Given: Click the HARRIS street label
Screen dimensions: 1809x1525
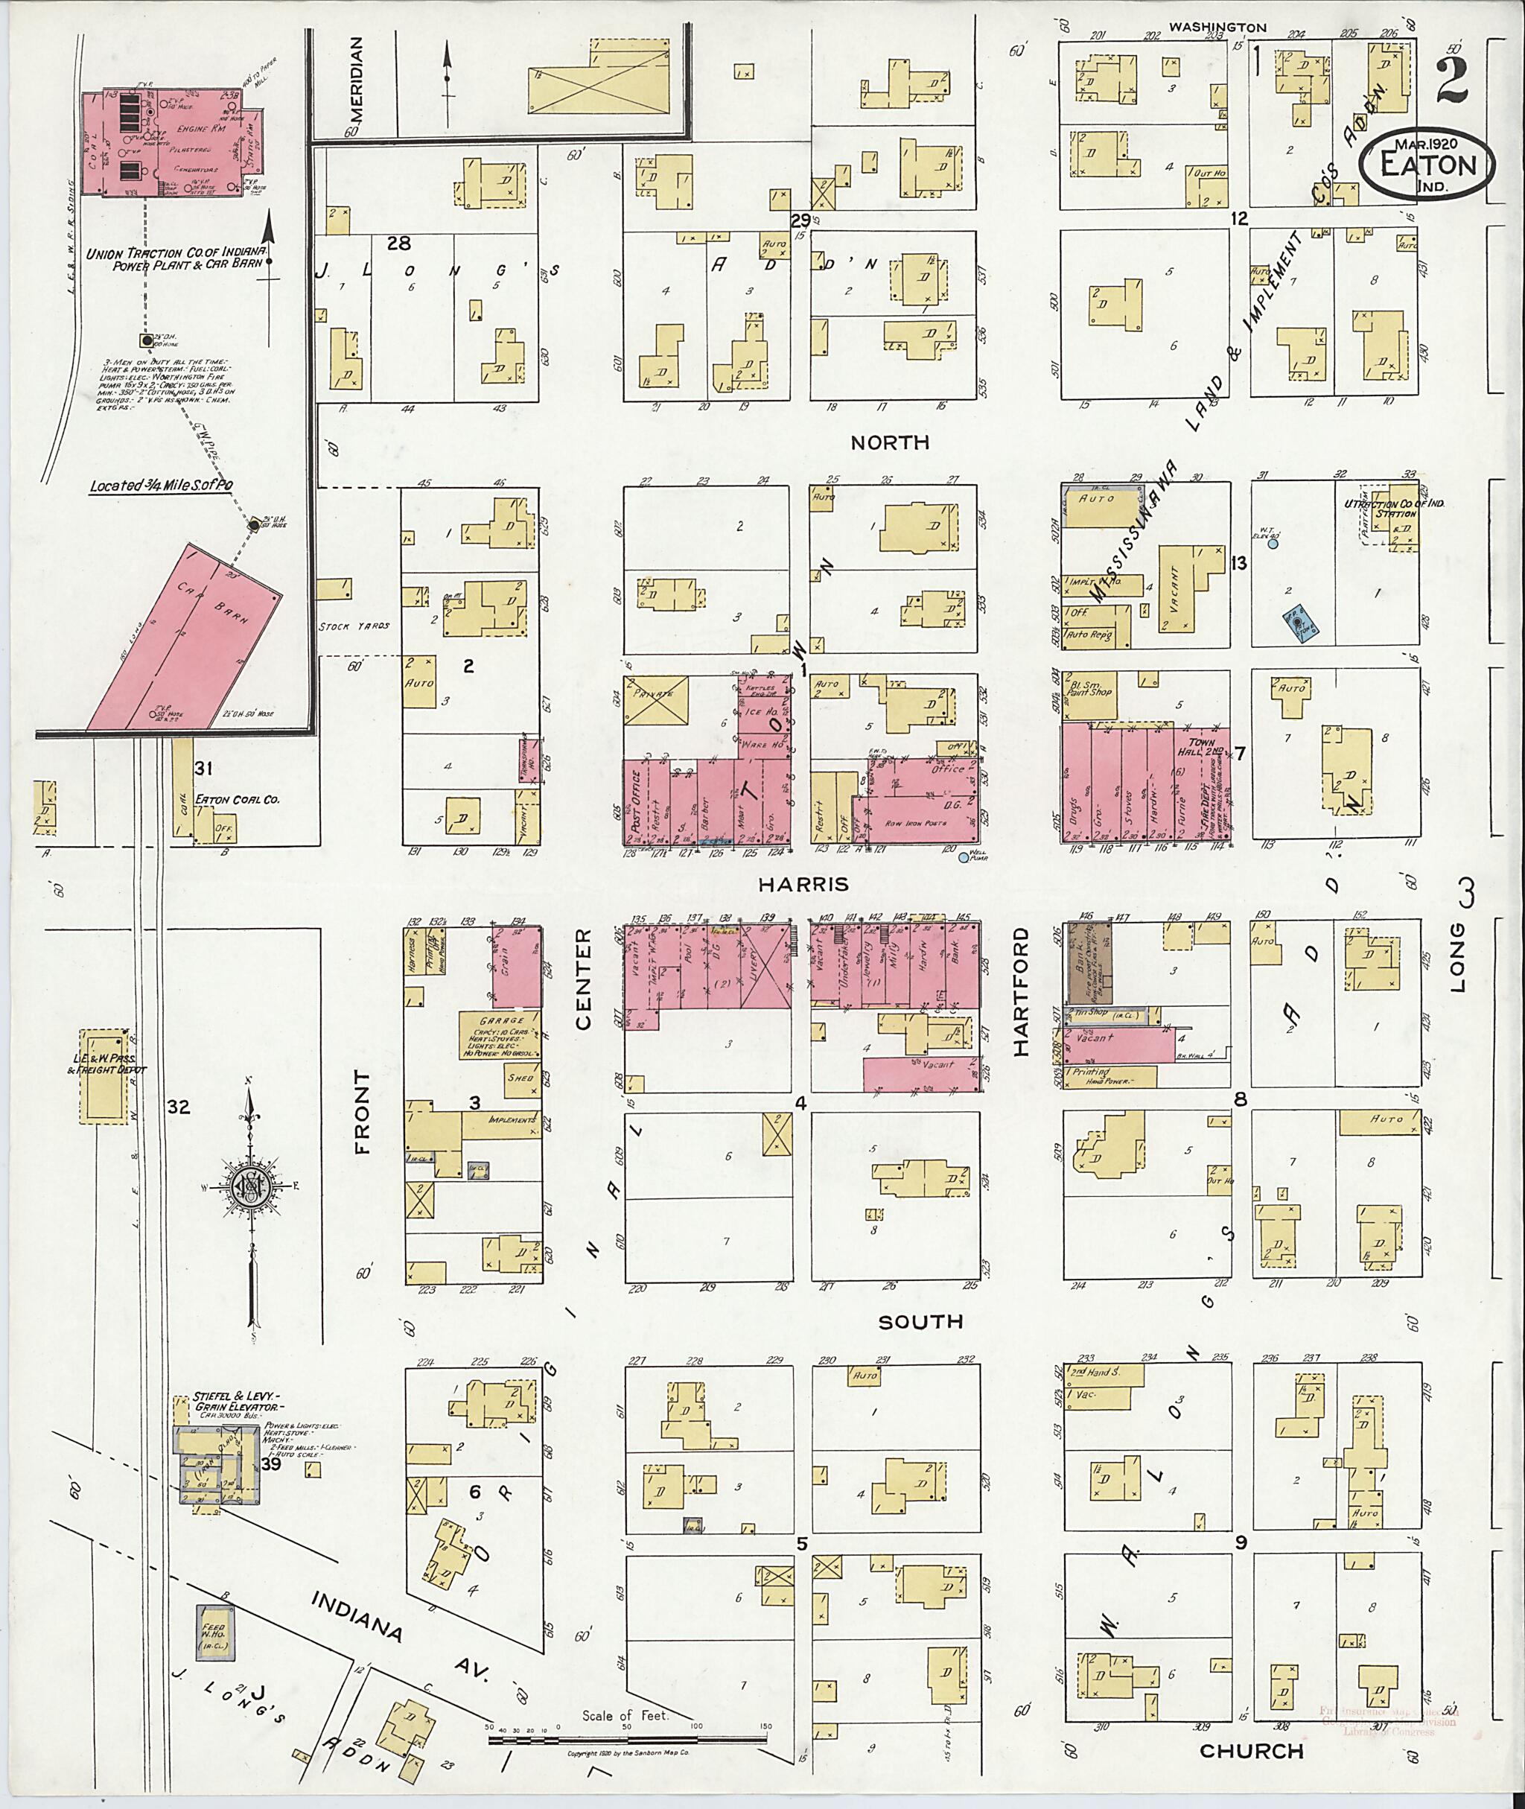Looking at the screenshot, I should tap(803, 884).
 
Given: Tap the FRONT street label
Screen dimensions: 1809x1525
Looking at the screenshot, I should tap(361, 1111).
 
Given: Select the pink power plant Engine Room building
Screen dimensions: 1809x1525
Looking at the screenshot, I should tap(173, 143).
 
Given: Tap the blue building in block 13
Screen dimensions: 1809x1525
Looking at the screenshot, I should tap(1299, 625).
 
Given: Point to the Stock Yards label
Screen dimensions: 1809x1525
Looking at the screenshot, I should tap(354, 625).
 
